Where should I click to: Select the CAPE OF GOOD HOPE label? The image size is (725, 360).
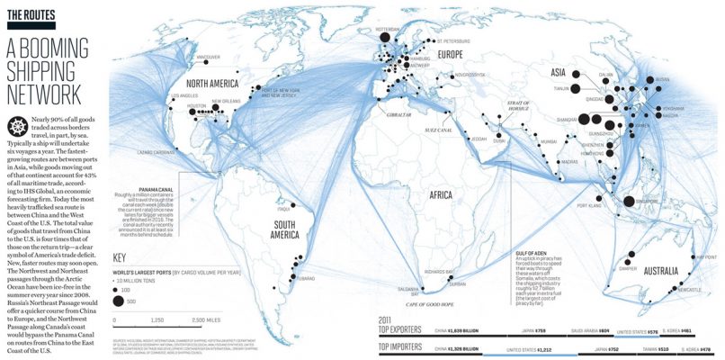[x=443, y=304]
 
